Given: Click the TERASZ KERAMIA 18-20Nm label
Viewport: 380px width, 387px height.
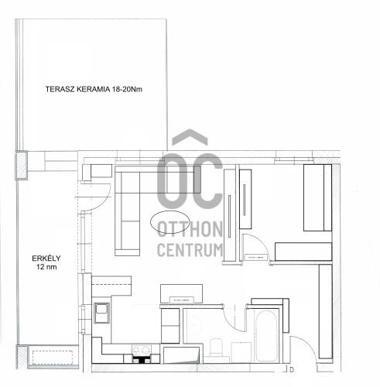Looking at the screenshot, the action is tap(94, 89).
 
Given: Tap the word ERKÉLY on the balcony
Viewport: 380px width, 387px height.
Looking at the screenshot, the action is tap(46, 259).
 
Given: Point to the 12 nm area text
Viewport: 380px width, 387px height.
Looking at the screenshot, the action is tap(46, 267).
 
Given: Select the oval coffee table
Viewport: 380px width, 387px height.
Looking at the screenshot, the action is tap(170, 222).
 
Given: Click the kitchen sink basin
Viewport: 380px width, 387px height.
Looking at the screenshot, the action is tap(101, 313).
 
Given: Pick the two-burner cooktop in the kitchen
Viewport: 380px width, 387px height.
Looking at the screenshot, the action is tap(141, 350).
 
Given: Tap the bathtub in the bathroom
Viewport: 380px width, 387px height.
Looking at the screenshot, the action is tap(266, 336).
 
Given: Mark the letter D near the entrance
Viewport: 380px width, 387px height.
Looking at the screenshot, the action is tap(292, 370).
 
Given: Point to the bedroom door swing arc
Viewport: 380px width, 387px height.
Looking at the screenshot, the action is tap(262, 241).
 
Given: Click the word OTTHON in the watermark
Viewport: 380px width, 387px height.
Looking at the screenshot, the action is tap(190, 229).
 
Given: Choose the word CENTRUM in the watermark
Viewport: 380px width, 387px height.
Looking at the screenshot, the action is tap(190, 250).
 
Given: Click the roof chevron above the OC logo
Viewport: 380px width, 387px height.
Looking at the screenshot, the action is tap(190, 137).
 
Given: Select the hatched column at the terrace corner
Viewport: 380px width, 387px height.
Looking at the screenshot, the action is tap(22, 165).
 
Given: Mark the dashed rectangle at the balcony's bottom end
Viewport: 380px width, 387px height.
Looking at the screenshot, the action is tap(53, 358).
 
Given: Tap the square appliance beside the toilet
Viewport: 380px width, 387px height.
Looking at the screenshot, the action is tap(241, 352).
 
